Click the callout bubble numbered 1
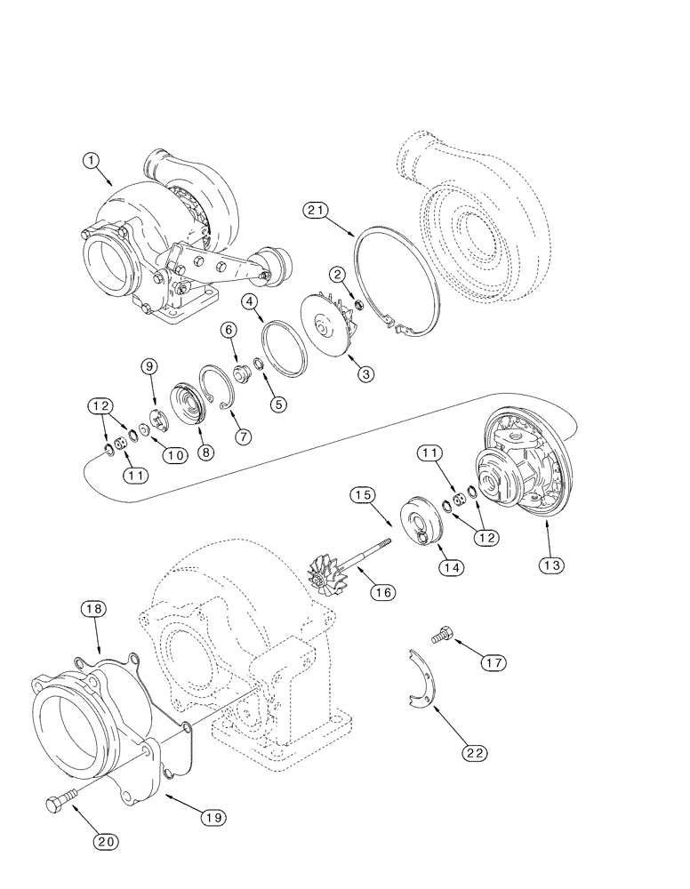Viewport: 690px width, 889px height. (91, 161)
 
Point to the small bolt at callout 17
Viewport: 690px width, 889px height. (441, 636)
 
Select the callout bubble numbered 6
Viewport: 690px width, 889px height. (229, 329)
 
